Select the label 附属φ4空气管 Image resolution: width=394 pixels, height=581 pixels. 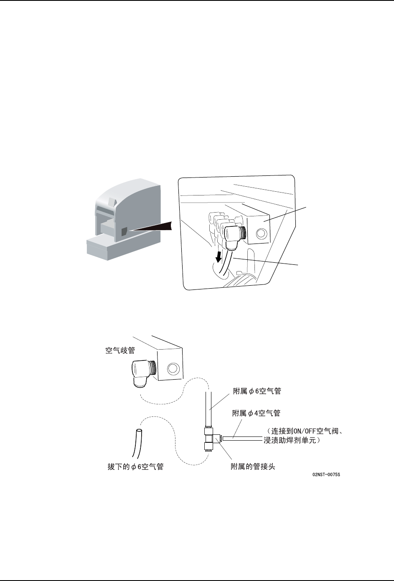256,413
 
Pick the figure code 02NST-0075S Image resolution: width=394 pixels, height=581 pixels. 326,475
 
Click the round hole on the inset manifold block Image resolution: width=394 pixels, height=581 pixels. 260,235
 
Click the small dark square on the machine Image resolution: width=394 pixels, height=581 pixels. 124,232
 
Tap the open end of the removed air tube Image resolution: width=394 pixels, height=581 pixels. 139,431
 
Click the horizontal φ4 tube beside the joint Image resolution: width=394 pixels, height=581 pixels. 238,438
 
